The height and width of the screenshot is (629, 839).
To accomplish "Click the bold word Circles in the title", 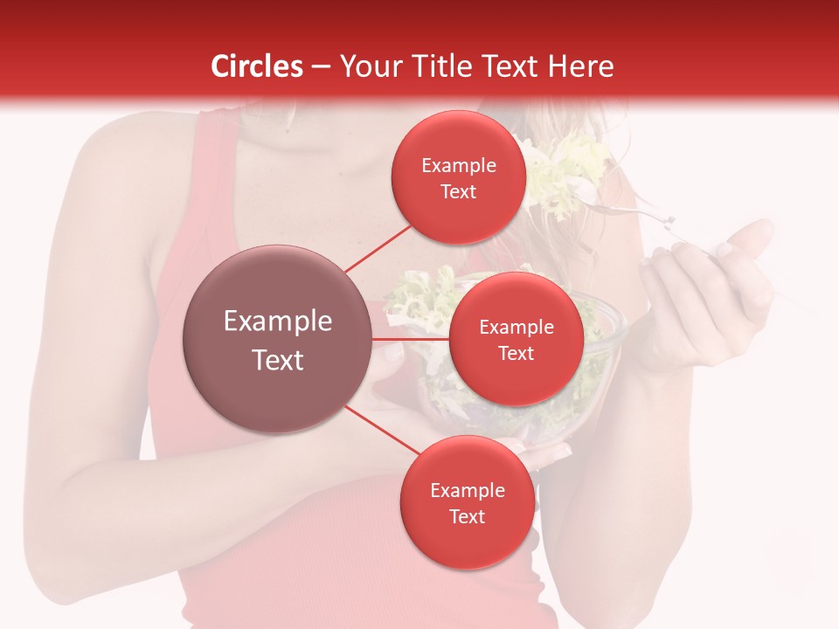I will [257, 66].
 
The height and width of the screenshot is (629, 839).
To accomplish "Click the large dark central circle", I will [277, 339].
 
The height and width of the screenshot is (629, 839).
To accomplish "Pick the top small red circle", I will [458, 177].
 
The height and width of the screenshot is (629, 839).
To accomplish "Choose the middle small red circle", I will [516, 339].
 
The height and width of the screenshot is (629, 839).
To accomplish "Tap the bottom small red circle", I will [467, 502].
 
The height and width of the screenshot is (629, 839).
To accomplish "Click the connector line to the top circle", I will [378, 248].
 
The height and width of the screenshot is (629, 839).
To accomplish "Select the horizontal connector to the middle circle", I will [411, 338].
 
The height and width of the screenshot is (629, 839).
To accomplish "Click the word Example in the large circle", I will [277, 321].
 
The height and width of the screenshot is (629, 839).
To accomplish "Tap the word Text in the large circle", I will [277, 360].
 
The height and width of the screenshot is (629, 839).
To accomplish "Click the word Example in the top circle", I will [458, 165].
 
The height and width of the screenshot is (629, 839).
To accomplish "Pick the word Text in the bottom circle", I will [467, 516].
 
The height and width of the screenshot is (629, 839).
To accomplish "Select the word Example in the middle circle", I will [516, 327].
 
